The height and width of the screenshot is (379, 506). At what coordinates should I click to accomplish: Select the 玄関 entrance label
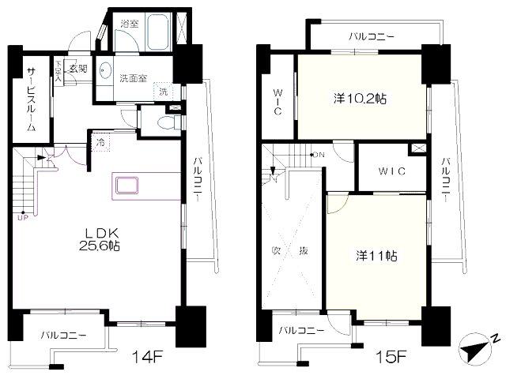[78, 67]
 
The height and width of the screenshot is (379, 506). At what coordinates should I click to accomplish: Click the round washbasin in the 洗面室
[105, 67]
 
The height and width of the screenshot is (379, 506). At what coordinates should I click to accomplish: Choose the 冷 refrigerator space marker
[101, 143]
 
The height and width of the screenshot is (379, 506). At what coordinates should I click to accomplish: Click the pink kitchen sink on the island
[128, 187]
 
